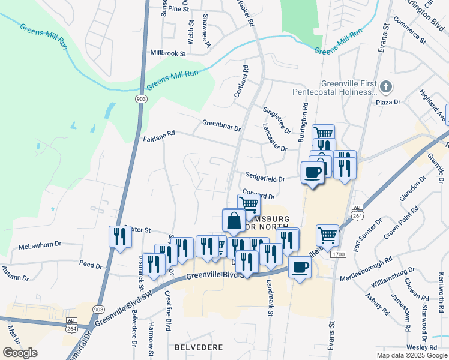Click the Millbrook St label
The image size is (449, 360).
(169, 53)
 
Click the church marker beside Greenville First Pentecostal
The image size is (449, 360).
(385, 88)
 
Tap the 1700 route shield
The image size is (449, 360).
(337, 254)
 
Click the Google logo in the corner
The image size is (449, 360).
(20, 353)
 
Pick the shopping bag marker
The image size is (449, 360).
(233, 221)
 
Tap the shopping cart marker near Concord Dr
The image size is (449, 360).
(249, 205)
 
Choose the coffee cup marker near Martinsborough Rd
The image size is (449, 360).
(300, 268)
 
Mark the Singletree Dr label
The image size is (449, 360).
(277, 121)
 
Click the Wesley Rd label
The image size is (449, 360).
(421, 347)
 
